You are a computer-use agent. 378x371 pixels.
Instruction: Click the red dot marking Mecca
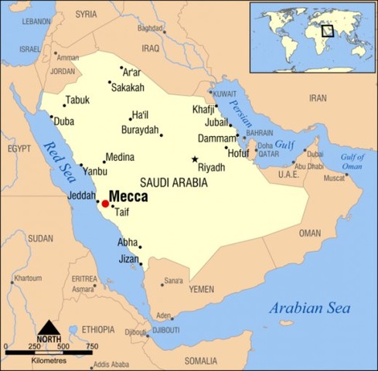point(105,203)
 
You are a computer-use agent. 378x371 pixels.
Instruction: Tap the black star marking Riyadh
point(195,159)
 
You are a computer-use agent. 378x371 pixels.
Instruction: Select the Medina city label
point(120,156)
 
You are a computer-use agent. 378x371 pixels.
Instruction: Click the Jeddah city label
point(81,196)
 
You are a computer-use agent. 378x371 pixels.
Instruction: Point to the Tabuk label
point(78,100)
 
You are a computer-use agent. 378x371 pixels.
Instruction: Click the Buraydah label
point(140,130)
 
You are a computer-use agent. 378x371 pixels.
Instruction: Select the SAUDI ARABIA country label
point(174,182)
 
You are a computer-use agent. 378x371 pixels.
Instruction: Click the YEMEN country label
point(201,288)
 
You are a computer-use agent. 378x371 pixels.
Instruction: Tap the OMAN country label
point(309,233)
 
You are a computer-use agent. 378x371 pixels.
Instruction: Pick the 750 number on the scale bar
point(91,345)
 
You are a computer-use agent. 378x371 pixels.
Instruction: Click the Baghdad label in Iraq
point(151,29)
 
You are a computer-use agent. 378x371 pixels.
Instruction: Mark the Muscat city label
point(334,179)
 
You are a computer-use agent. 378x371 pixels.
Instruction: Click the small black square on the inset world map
point(328,31)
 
